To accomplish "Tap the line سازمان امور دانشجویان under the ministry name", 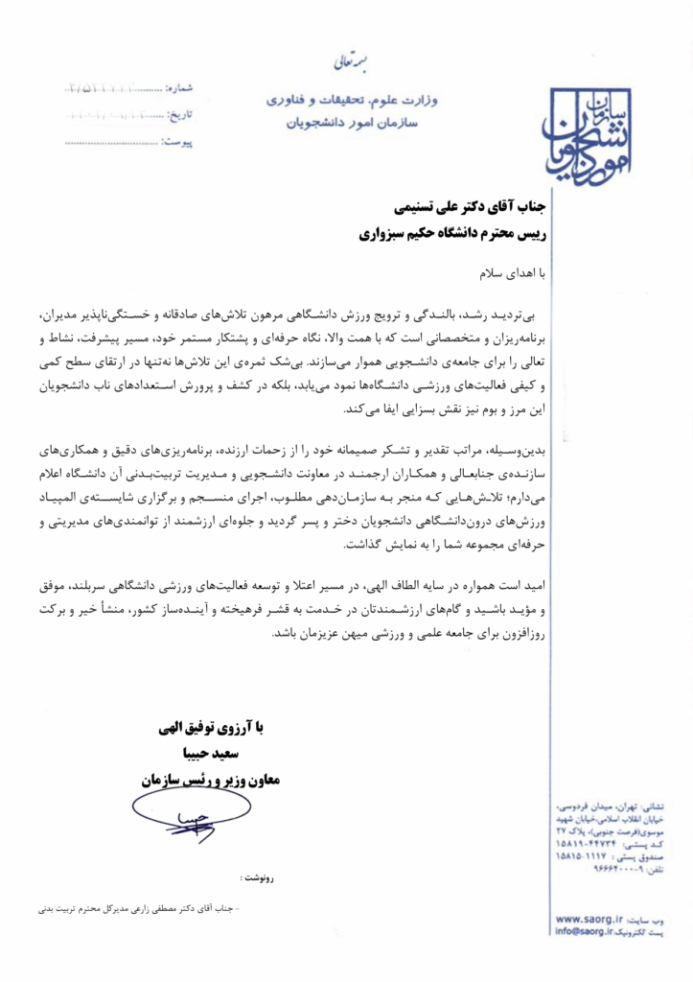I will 352,122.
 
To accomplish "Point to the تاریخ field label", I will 180,115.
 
